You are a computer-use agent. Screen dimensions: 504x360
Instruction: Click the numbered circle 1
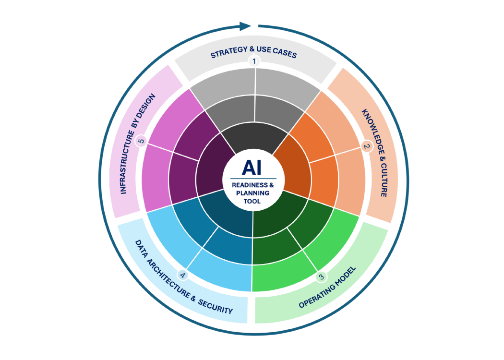click(254, 61)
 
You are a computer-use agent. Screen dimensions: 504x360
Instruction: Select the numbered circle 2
click(366, 146)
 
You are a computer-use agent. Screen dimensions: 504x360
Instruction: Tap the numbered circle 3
click(321, 277)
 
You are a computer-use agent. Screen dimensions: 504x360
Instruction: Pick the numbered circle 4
click(182, 276)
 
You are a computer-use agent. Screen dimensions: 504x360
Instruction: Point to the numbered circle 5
click(141, 141)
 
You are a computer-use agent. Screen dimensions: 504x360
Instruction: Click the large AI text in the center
click(252, 168)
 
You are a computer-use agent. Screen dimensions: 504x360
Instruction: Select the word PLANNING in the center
click(252, 193)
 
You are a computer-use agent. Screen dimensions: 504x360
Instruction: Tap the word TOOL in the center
click(252, 202)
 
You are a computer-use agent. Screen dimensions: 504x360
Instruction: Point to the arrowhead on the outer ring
click(246, 26)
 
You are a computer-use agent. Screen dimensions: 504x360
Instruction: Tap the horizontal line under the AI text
click(253, 179)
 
